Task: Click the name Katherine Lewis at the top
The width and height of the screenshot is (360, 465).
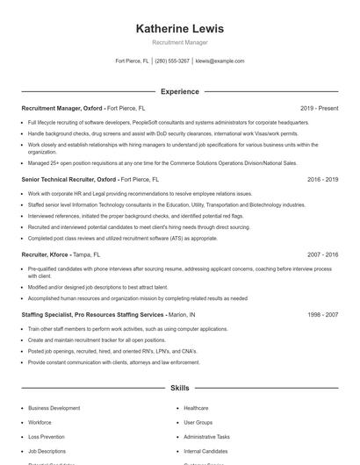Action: pos(179,29)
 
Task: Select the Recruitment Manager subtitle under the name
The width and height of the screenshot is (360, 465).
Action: pos(179,42)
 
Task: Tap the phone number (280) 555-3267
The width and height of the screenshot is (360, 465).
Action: pos(172,61)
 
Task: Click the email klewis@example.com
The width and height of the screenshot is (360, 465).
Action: pos(220,61)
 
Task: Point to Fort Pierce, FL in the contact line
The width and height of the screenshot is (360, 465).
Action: pos(133,61)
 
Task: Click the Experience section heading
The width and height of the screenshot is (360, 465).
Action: pos(179,91)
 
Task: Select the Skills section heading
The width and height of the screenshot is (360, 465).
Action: pos(179,387)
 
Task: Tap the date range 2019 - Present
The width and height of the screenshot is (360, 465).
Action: pos(319,108)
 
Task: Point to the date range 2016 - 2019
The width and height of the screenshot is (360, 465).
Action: pos(322,179)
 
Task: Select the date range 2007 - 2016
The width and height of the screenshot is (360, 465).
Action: pos(322,254)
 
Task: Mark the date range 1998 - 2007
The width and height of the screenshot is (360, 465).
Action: pos(322,313)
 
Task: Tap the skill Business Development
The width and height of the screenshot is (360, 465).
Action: pos(54,408)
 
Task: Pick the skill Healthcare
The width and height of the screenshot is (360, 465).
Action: pos(196,408)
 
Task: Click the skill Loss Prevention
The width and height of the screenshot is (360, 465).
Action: pos(46,436)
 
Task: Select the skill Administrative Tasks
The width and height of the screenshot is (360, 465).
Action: pos(206,436)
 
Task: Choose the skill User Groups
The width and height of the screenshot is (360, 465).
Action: pos(198,422)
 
